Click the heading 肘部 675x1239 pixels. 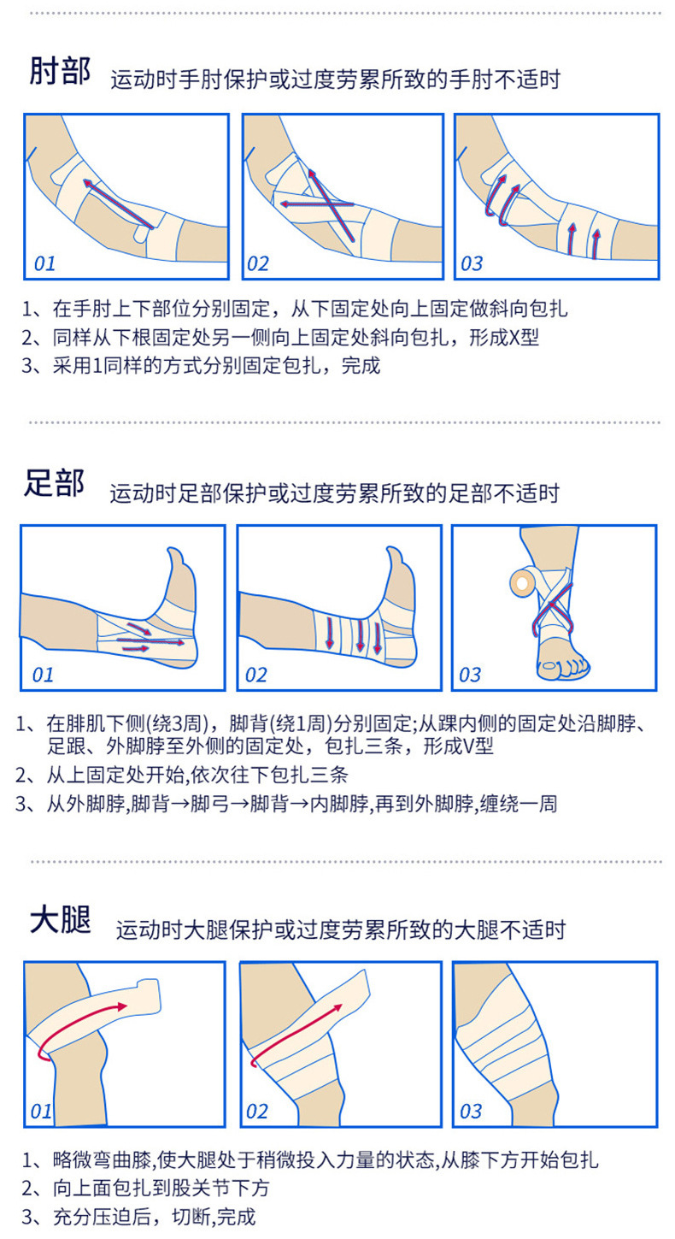click(60, 72)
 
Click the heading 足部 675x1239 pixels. click(54, 484)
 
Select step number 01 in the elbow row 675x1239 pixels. click(44, 263)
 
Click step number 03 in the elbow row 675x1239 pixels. click(472, 263)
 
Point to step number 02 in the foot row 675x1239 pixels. click(256, 675)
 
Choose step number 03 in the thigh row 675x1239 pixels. click(471, 1111)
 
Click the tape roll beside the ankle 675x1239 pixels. click(520, 582)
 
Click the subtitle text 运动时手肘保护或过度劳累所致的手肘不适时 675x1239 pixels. click(335, 80)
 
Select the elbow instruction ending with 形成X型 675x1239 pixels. click(282, 337)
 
